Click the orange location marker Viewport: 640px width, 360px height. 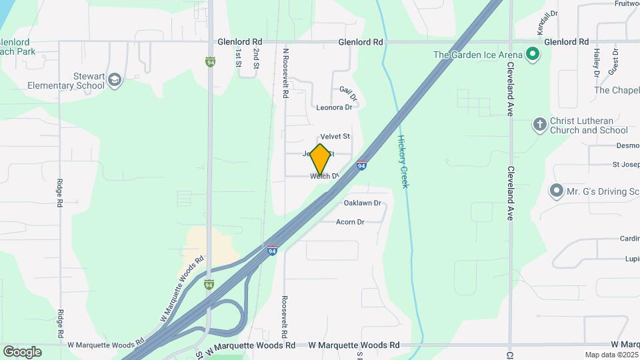click(320, 159)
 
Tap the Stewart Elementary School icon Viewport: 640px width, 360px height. click(115, 80)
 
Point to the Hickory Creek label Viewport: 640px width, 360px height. click(402, 161)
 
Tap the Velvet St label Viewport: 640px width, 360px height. click(335, 137)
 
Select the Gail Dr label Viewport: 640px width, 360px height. click(348, 93)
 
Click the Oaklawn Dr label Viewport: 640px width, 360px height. click(362, 203)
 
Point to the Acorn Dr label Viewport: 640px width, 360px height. click(350, 222)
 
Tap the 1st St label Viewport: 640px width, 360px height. click(237, 60)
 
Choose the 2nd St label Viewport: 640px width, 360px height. click(256, 60)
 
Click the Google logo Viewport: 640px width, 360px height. click(22, 351)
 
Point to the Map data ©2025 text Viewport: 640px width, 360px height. click(610, 355)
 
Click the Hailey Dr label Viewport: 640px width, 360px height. click(597, 62)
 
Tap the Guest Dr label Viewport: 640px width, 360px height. click(614, 61)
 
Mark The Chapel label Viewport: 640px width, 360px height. click(617, 90)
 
